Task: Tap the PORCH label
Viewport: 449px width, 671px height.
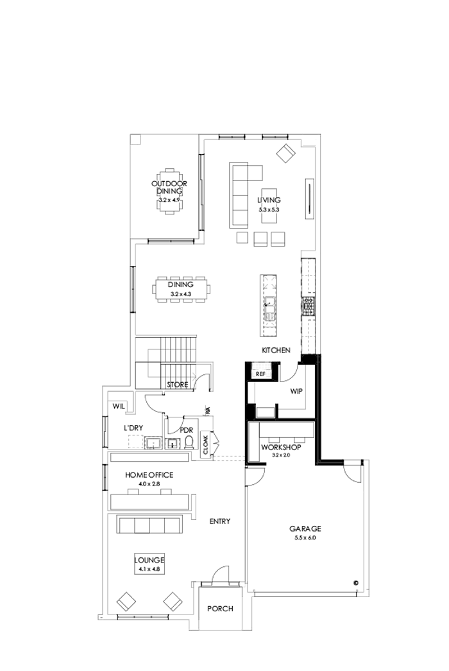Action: [x=220, y=608]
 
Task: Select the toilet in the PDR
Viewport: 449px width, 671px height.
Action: [x=189, y=442]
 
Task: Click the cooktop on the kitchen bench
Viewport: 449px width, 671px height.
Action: [x=308, y=306]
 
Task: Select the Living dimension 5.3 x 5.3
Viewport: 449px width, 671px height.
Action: [x=269, y=209]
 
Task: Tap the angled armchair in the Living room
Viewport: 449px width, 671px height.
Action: [x=285, y=153]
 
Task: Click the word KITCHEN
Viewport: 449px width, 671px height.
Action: [x=276, y=351]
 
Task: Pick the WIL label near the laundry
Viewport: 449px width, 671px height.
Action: [x=119, y=406]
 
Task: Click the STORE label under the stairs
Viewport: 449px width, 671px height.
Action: [x=177, y=385]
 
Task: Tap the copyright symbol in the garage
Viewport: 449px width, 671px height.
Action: [x=355, y=583]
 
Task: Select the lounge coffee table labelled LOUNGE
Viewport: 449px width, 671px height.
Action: [x=149, y=562]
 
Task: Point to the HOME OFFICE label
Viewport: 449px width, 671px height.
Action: [x=149, y=475]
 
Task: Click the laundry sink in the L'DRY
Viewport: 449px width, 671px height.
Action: [x=154, y=443]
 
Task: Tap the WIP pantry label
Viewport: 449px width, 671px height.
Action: [x=296, y=390]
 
